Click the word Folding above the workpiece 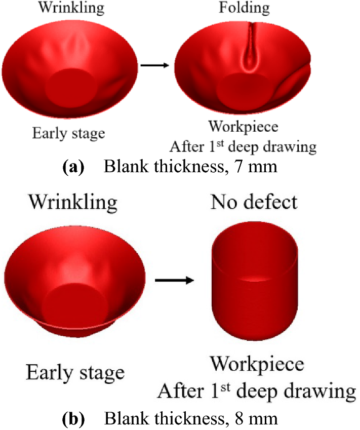(x=244, y=8)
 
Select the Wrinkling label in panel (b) (x=72, y=202)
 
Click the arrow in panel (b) (x=174, y=280)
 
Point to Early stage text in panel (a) (x=69, y=133)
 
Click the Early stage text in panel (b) (x=75, y=372)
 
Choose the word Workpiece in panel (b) (x=257, y=364)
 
